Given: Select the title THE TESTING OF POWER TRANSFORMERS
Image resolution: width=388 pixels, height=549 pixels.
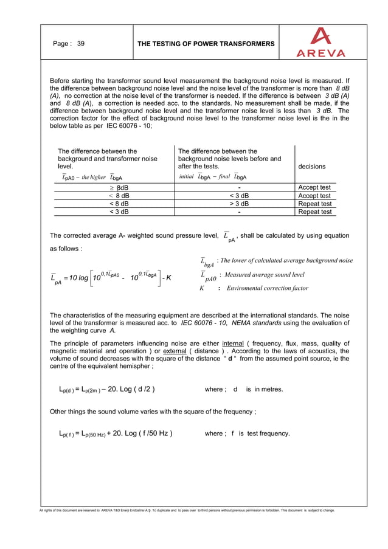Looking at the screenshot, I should [206, 44].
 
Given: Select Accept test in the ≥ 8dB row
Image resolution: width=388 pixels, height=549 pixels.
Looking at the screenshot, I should [314, 187].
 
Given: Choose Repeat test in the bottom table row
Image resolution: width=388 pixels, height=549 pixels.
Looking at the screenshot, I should [314, 212].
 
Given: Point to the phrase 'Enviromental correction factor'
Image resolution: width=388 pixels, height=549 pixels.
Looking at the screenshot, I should [267, 288].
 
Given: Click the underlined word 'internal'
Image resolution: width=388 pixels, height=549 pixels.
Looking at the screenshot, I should [235, 342].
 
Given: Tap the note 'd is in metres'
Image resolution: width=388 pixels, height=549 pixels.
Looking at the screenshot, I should [249, 389].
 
